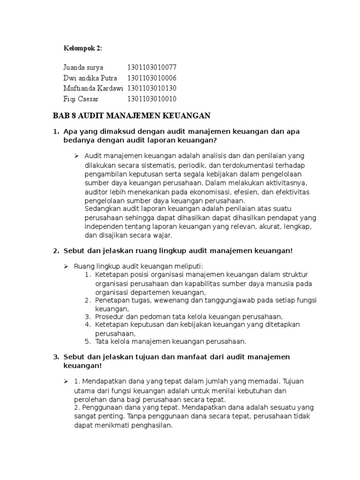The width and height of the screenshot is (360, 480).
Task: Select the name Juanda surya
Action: pyautogui.click(x=83, y=67)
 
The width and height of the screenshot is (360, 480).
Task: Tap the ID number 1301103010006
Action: pyautogui.click(x=151, y=78)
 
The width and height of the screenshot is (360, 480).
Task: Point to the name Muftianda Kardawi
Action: pyautogui.click(x=92, y=88)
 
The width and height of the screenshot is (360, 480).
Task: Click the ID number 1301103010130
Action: pyautogui.click(x=151, y=88)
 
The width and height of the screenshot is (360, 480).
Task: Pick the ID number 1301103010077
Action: pyautogui.click(x=151, y=67)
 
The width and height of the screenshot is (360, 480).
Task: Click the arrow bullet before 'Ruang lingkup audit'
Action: pyautogui.click(x=67, y=266)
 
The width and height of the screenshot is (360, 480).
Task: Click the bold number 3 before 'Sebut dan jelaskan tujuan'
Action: pyautogui.click(x=56, y=357)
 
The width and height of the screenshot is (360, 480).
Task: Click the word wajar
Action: pyautogui.click(x=162, y=235)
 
